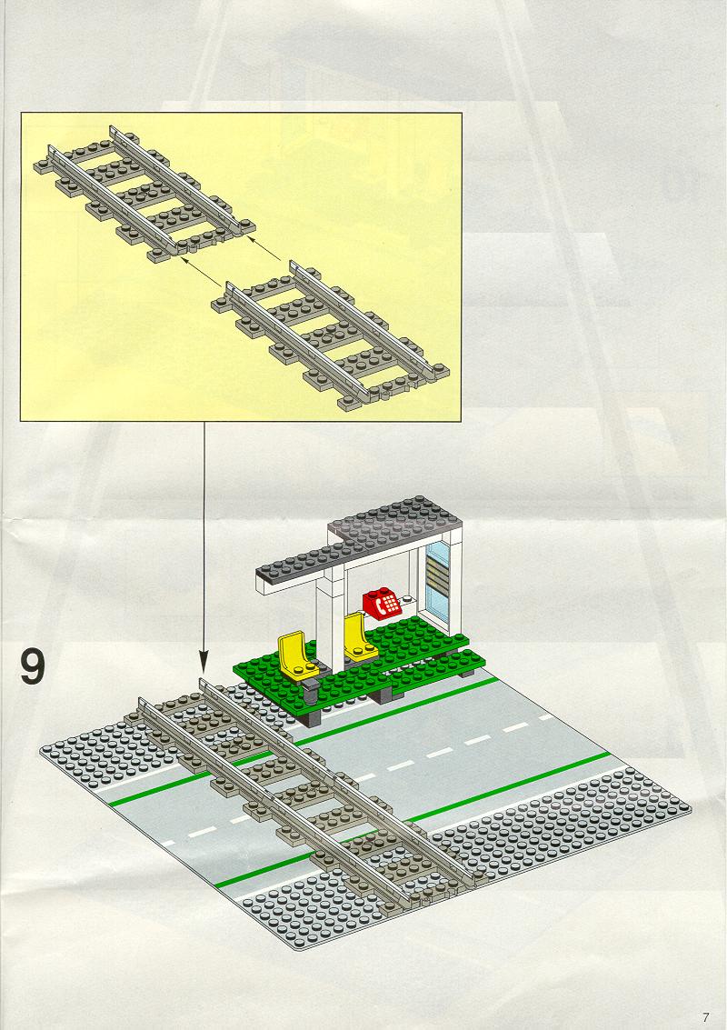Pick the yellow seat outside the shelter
(295, 655)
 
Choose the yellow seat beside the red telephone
(359, 635)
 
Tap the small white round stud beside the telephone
(408, 599)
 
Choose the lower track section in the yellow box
(331, 335)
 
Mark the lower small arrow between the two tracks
(201, 272)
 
